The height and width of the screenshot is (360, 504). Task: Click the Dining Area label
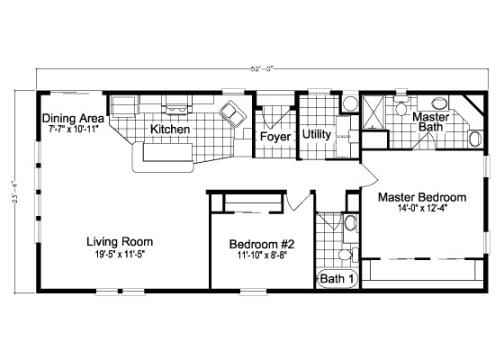pyautogui.click(x=73, y=119)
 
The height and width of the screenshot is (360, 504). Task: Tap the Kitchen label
pyautogui.click(x=170, y=130)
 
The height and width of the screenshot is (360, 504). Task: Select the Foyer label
pyautogui.click(x=275, y=137)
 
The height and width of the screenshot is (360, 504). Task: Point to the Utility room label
pyautogui.click(x=317, y=134)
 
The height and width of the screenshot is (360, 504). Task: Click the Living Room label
pyautogui.click(x=120, y=242)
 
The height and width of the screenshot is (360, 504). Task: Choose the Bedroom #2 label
pyautogui.click(x=262, y=244)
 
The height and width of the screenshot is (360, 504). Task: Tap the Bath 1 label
pyautogui.click(x=337, y=279)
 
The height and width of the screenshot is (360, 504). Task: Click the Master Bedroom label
pyautogui.click(x=422, y=197)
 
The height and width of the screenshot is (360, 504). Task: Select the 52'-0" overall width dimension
pyautogui.click(x=263, y=68)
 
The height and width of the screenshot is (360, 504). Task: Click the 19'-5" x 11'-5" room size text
pyautogui.click(x=120, y=255)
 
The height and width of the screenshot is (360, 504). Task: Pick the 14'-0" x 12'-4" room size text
pyautogui.click(x=423, y=209)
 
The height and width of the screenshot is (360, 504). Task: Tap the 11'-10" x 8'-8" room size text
pyautogui.click(x=262, y=256)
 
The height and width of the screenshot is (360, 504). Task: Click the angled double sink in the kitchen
pyautogui.click(x=233, y=114)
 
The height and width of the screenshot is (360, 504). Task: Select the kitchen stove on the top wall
pyautogui.click(x=176, y=104)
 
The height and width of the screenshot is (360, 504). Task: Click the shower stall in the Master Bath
pyautogui.click(x=373, y=112)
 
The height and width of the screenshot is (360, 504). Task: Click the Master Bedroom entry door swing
pyautogui.click(x=369, y=175)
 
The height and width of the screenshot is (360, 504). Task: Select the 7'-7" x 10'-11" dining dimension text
pyautogui.click(x=73, y=130)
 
